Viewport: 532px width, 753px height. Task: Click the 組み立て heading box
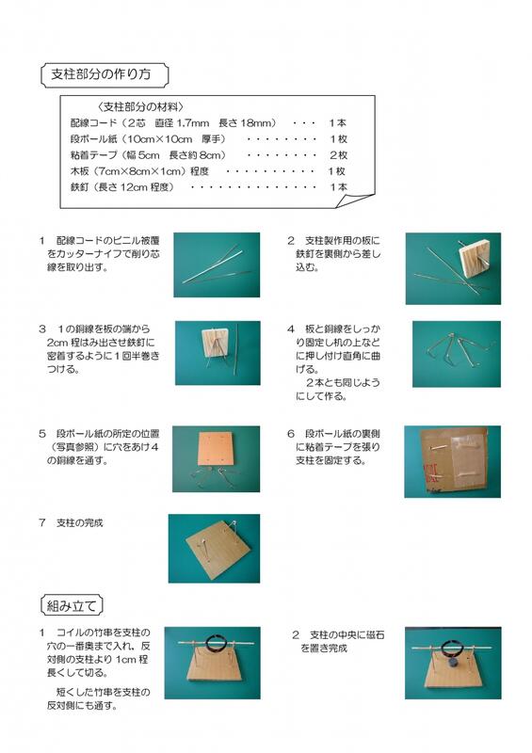72,605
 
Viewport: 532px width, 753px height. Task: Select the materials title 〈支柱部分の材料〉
140,106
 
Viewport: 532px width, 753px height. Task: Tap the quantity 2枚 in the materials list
338,155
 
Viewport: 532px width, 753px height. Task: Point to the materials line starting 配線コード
208,123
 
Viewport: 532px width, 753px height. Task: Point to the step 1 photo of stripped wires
217,264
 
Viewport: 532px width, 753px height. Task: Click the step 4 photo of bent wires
457,354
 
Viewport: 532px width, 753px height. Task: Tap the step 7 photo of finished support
214,549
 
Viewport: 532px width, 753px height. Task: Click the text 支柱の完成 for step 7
80,523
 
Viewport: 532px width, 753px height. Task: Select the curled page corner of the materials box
355,201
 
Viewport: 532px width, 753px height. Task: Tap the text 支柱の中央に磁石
347,634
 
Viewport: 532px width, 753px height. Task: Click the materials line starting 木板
208,171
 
